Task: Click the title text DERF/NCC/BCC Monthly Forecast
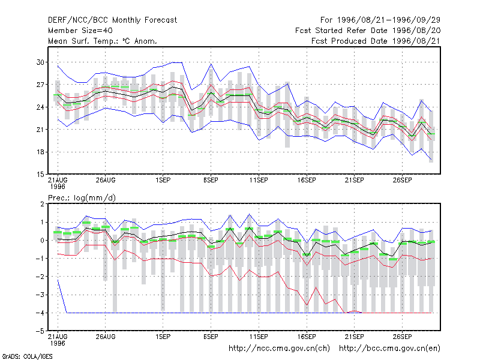point(112,20)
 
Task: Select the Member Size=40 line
point(80,31)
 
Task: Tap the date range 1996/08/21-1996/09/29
point(388,20)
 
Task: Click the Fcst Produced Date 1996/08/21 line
point(376,41)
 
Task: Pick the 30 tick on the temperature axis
point(40,62)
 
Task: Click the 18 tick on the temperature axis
point(40,152)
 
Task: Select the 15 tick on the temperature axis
point(40,175)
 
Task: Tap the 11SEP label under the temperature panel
point(259,181)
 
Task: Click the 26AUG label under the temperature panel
point(106,181)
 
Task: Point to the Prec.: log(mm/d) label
point(82,198)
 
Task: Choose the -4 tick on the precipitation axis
point(40,313)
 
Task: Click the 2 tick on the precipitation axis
point(42,204)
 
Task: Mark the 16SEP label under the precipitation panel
point(307,337)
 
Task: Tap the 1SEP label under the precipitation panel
point(163,337)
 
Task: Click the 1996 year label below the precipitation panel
point(58,343)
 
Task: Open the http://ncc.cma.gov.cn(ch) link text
point(279,349)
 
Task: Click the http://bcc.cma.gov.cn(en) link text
point(389,349)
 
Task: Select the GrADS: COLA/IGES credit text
point(27,356)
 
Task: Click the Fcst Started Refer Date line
point(368,31)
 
